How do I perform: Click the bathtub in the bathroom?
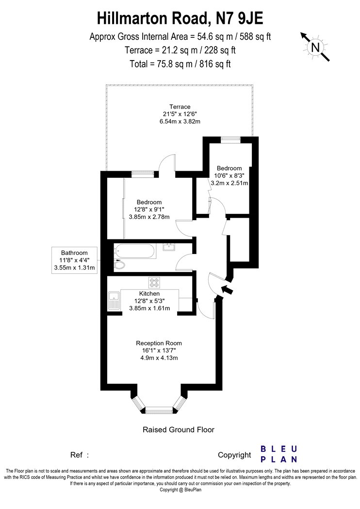point(135,251)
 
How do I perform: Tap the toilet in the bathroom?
point(119,265)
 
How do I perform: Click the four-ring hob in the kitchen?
point(154,283)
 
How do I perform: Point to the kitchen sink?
point(114,300)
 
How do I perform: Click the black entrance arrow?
point(227,289)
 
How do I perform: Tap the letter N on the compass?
point(315,48)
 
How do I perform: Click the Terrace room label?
point(180,107)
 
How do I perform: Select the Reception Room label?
point(159,343)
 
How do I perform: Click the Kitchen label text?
point(149,293)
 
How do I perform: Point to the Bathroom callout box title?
point(74,253)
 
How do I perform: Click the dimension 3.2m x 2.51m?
point(229,183)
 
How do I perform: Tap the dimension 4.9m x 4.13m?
point(159,358)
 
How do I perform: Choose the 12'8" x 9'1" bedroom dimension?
point(149,209)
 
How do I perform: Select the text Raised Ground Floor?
point(179,430)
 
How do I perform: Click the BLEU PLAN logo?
point(279,454)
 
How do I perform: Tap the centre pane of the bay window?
point(159,410)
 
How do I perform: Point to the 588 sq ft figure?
point(255,36)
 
